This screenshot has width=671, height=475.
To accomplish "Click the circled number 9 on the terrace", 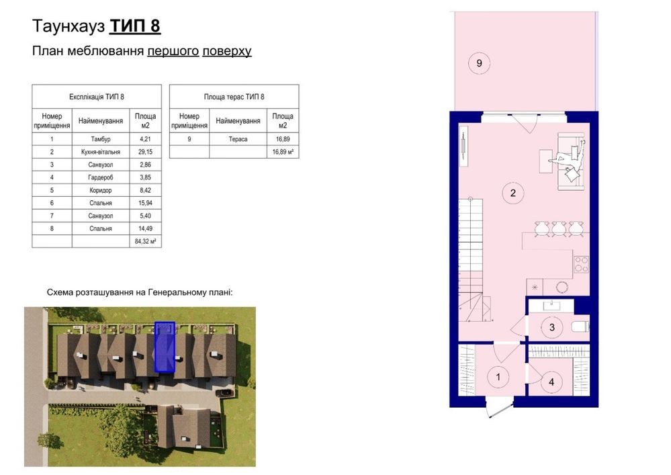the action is tap(479, 63).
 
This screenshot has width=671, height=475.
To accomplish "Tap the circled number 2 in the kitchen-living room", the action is tap(512, 193).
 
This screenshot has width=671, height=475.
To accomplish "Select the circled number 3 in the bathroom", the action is tap(551, 327).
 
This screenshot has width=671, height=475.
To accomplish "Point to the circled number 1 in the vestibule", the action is tap(498, 377).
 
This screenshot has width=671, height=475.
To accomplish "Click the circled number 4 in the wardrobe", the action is tap(551, 382).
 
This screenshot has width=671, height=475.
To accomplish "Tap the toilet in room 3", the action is tap(580, 327).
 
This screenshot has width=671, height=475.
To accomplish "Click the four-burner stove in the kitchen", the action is tap(581, 264).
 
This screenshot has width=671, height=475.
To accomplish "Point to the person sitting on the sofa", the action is tap(568, 160).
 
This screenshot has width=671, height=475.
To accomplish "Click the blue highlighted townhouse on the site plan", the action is tap(165, 347).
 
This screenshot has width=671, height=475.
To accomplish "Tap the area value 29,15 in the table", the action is tap(146, 152).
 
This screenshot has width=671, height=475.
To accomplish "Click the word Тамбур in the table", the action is tap(101, 139).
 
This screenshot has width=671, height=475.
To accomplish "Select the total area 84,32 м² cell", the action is tap(146, 241).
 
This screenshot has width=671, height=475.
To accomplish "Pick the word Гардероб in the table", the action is tap(101, 177).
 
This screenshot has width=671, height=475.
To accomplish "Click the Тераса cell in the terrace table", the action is tap(238, 139).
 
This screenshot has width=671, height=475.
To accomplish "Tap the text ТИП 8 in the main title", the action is tap(135, 26).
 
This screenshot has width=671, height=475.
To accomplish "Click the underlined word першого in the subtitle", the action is tap(173, 51).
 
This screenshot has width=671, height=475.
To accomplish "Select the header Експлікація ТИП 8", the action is tap(97, 97).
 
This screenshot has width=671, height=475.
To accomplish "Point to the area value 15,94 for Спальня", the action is tap(146, 203).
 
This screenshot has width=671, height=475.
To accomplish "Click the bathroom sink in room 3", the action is tap(551, 305).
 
